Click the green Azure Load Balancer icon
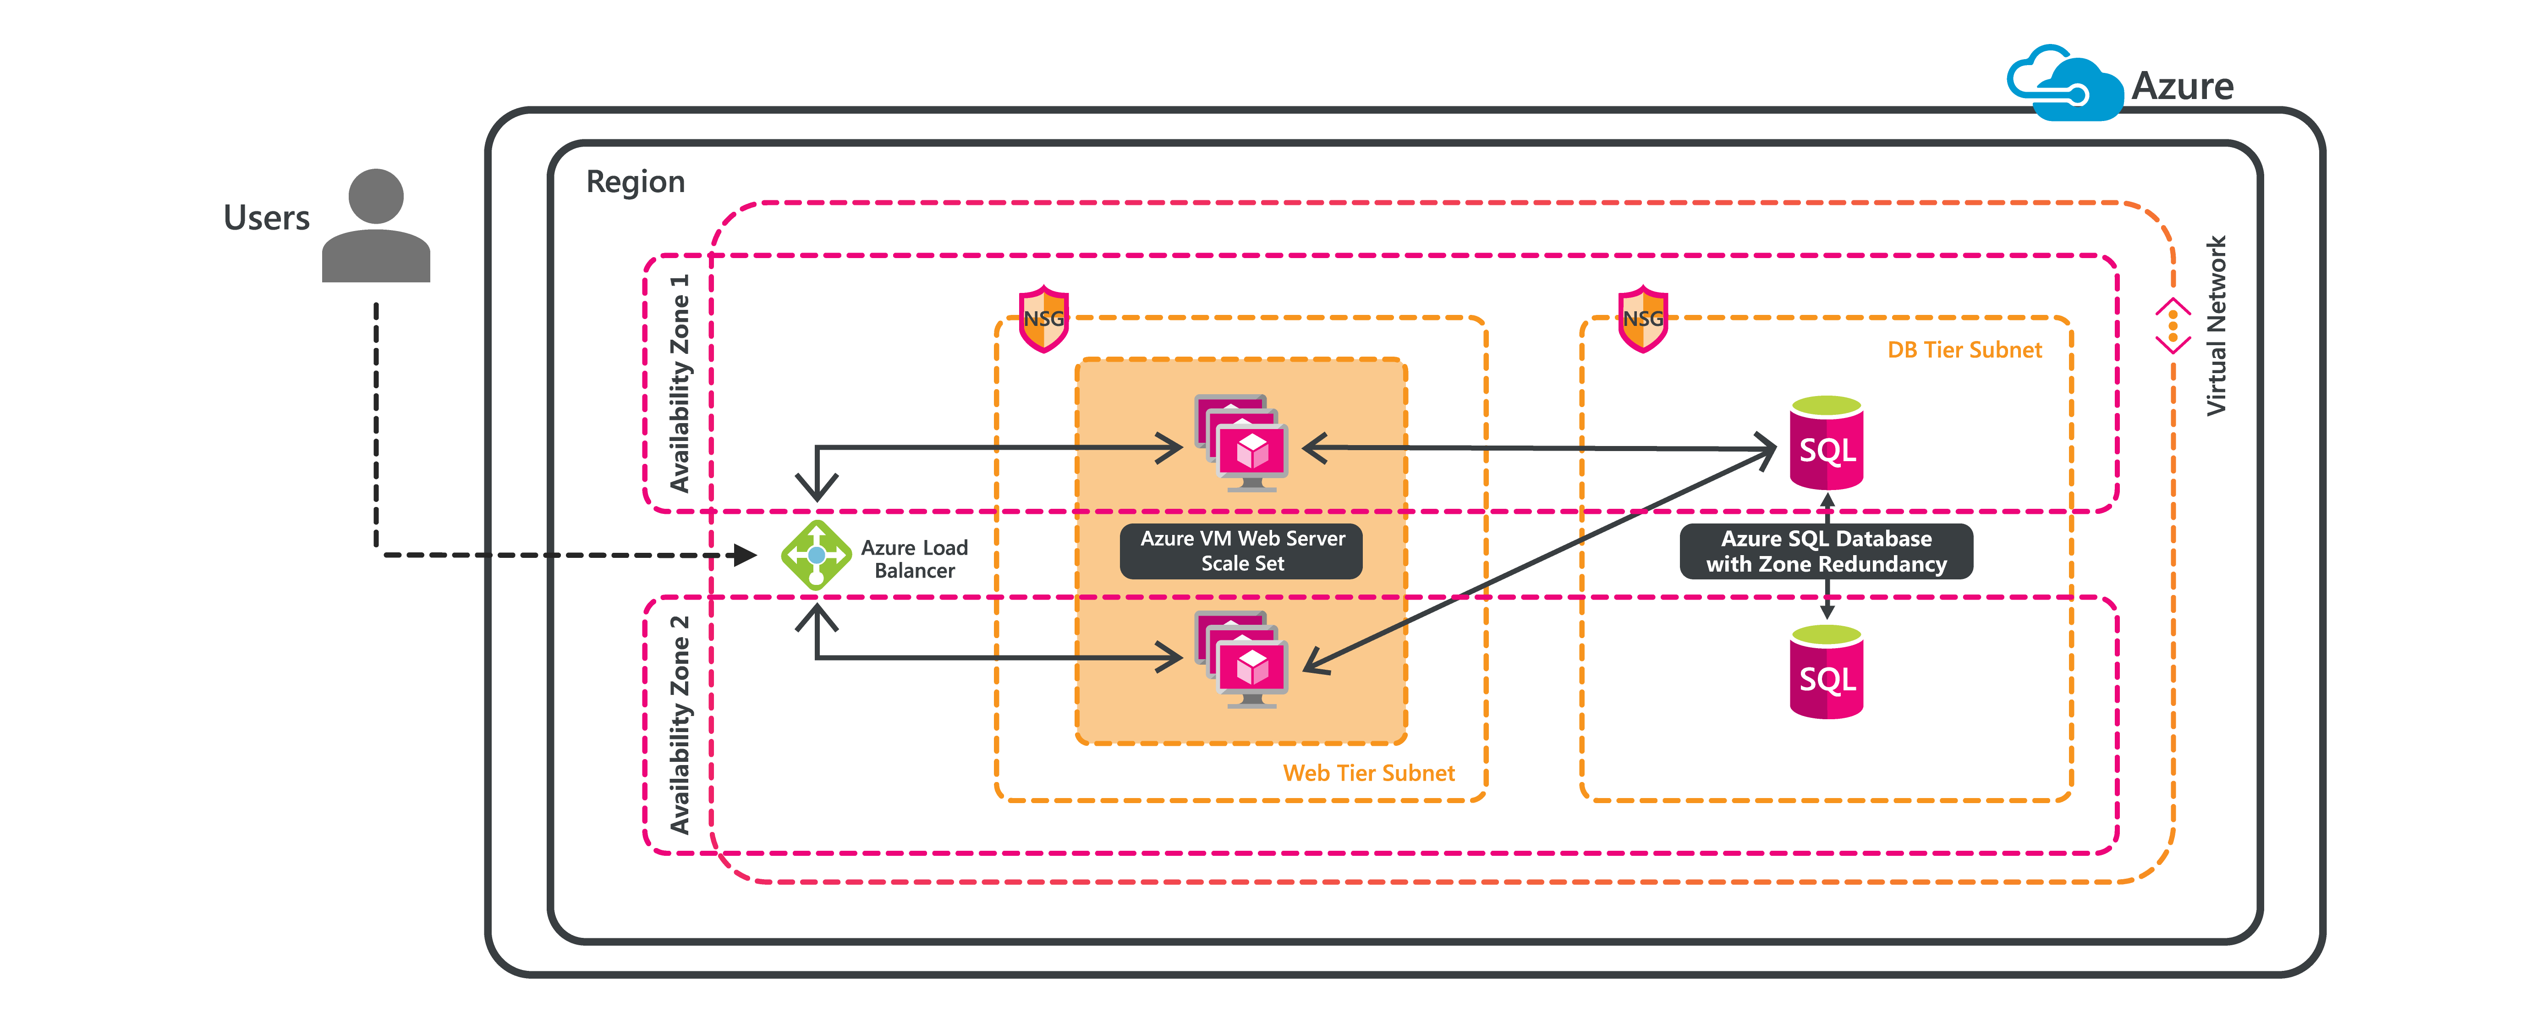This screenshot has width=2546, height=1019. coord(817,556)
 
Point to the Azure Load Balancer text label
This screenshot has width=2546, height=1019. coord(914,559)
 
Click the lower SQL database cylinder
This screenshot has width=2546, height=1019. coord(1827,670)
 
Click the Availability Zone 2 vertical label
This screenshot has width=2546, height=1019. coord(679,724)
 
